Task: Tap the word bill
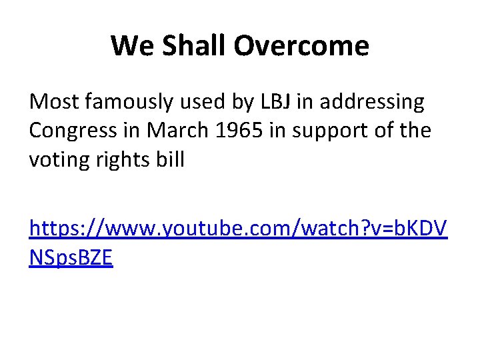pyautogui.click(x=171, y=160)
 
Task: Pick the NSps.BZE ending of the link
pyautogui.click(x=71, y=258)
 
